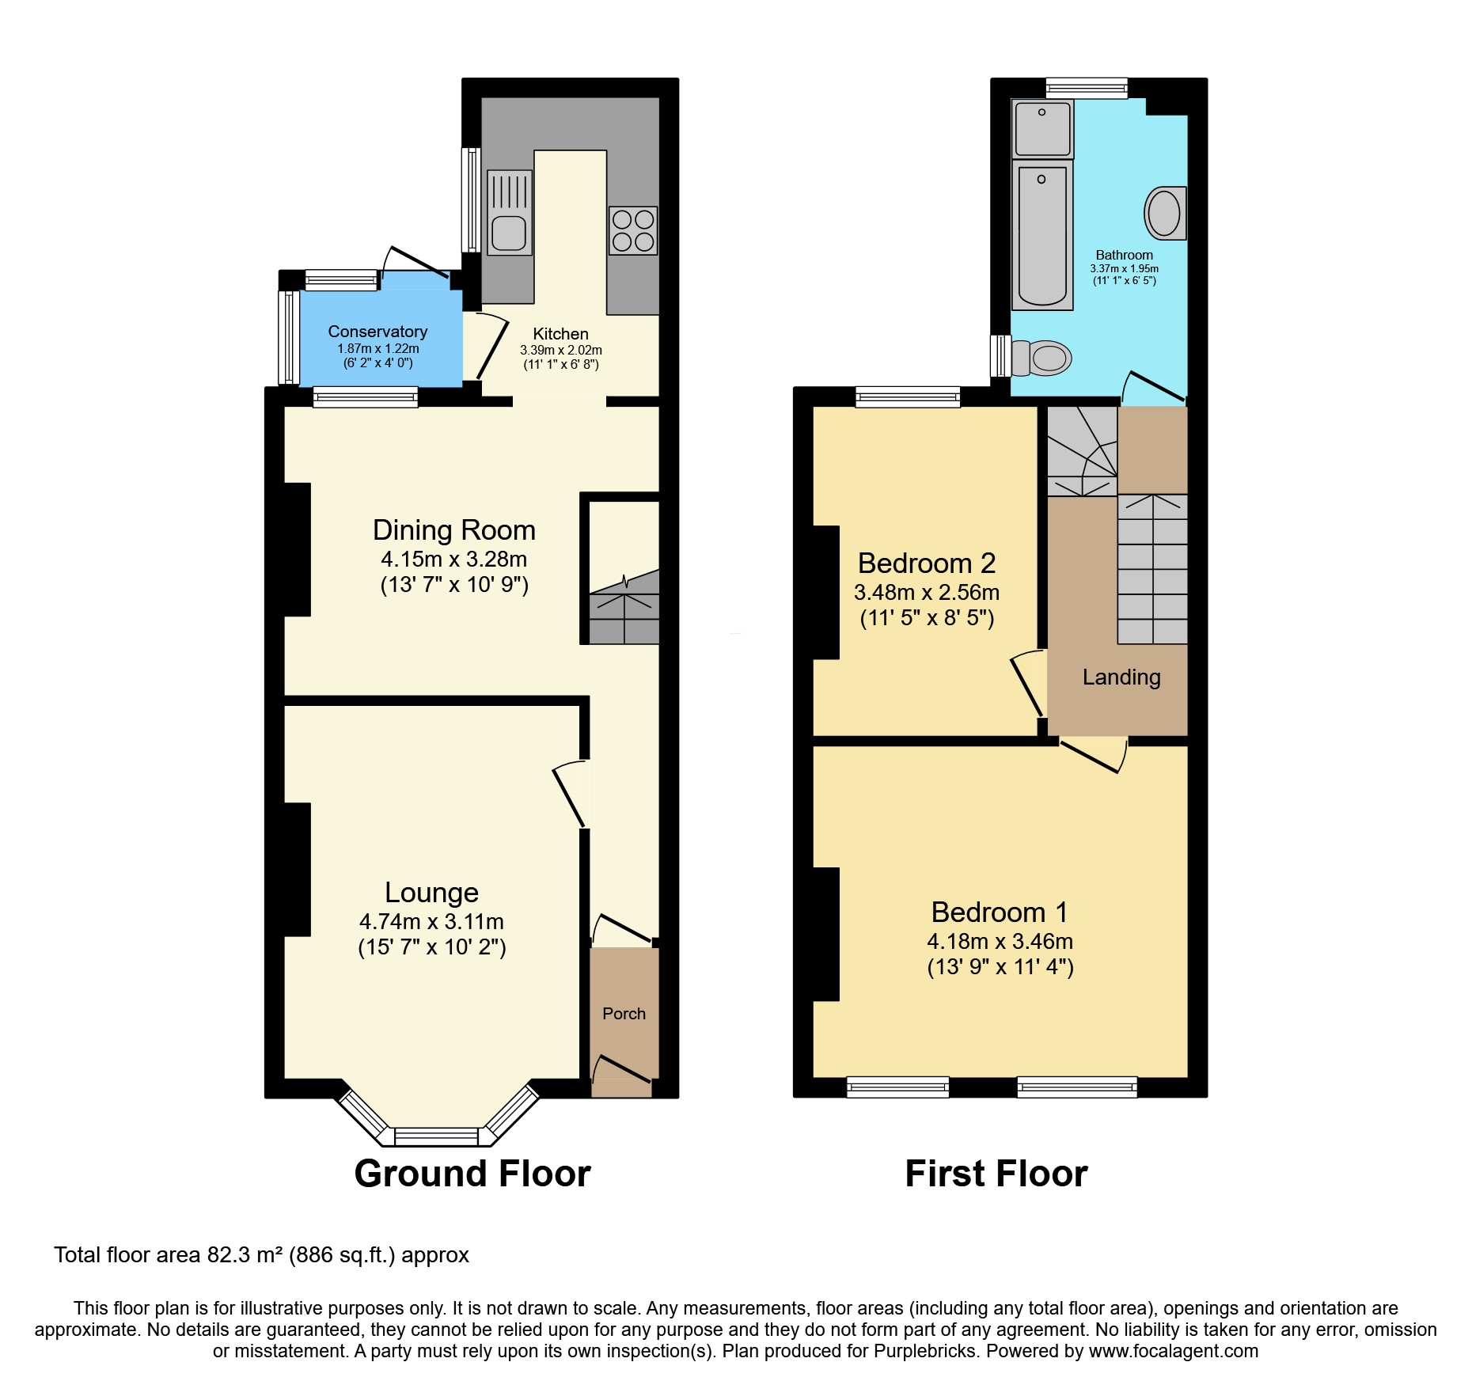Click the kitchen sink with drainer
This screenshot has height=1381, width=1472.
509,212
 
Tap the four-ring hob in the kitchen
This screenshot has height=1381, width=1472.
633,230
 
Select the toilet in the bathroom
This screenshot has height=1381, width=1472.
1042,358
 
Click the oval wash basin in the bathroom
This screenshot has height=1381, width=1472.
1164,213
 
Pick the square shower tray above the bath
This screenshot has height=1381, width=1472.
1042,128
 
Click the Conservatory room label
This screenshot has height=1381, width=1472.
377,332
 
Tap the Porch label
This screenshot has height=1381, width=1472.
624,1014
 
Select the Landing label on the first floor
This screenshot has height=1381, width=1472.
1121,677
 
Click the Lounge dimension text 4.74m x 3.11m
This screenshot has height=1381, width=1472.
431,921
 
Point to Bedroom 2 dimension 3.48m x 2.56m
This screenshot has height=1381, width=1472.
926,592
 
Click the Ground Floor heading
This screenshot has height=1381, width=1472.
472,1174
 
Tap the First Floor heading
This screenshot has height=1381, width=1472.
996,1174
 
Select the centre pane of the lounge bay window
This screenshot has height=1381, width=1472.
436,1136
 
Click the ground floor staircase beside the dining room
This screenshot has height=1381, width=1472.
624,609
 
